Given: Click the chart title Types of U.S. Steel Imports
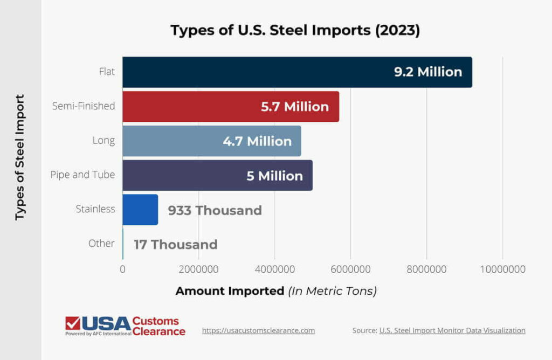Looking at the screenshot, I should (x=295, y=30).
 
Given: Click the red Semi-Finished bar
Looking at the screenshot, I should (x=189, y=107).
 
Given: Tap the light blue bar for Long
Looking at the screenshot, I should (x=172, y=141).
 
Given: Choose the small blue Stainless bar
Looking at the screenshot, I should (x=140, y=210).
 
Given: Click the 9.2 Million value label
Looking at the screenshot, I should (x=428, y=72).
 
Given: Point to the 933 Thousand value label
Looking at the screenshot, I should (x=215, y=210).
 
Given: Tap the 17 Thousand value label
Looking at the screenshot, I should (x=176, y=245).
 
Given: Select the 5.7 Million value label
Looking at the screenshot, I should (x=295, y=107).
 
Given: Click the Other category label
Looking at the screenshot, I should (x=101, y=244).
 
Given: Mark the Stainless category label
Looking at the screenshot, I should (x=95, y=209).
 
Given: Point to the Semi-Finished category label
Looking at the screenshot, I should (x=84, y=106).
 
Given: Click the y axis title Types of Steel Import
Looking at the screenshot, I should (x=20, y=157).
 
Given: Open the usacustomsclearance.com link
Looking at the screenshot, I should (x=258, y=330).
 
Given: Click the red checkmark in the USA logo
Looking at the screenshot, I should (x=72, y=323).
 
